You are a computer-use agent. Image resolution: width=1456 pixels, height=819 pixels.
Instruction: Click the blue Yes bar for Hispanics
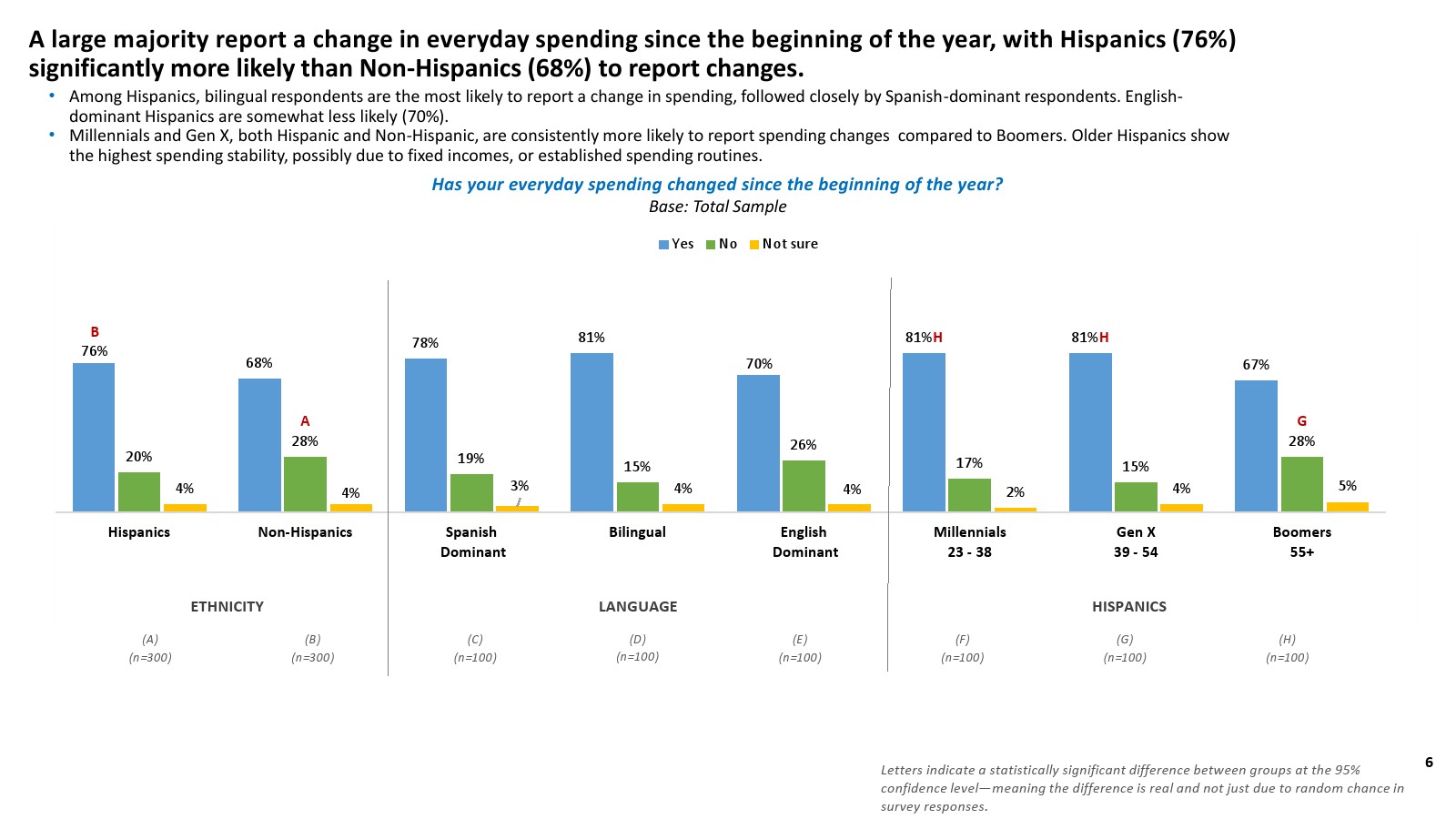click(x=94, y=437)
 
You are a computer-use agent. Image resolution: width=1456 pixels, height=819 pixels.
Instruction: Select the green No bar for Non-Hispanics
click(x=305, y=483)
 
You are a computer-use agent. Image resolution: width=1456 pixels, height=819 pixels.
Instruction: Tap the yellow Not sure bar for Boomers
click(x=1348, y=507)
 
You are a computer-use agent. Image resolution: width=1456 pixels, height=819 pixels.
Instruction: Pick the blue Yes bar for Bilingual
click(x=591, y=432)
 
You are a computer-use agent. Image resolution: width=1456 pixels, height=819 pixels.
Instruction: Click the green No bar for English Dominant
click(x=804, y=485)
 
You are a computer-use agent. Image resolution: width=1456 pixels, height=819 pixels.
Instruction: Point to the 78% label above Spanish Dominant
click(x=425, y=343)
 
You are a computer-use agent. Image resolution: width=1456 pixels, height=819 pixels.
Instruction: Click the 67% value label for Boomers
click(x=1256, y=365)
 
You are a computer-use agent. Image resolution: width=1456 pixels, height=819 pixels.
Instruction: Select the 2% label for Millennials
click(x=1016, y=492)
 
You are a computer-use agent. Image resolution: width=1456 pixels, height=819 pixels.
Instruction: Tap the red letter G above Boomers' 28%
click(x=1301, y=421)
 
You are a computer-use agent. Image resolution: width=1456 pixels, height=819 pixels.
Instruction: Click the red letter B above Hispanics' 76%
click(x=94, y=332)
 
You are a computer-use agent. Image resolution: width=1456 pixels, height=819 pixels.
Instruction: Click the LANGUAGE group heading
click(x=637, y=606)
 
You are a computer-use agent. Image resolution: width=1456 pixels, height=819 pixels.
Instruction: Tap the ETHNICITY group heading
click(x=227, y=606)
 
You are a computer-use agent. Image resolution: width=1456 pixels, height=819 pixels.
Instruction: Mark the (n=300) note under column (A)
click(x=150, y=657)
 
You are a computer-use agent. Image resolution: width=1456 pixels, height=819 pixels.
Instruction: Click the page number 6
click(x=1429, y=763)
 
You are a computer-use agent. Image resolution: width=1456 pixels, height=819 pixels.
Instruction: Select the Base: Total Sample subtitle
click(x=717, y=207)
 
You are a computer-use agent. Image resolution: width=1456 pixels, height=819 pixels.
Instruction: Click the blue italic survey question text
click(x=717, y=185)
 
